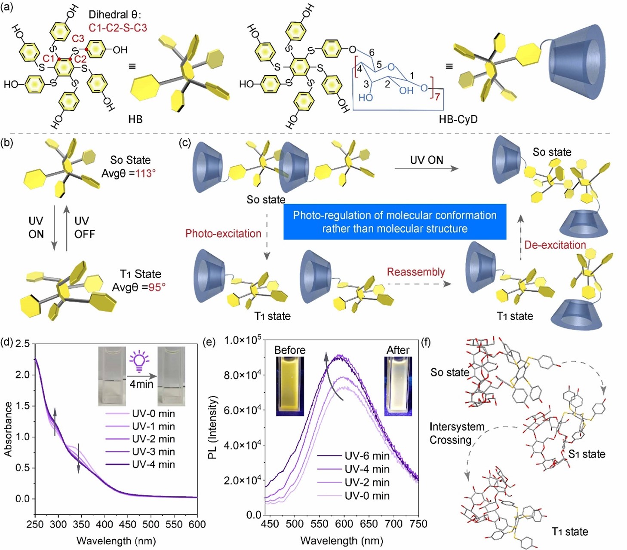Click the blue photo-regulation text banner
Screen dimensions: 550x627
pos(394,222)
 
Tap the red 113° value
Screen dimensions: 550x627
pos(145,174)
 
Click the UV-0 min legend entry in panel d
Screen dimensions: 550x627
pos(153,414)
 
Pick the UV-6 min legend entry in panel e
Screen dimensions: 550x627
pos(367,456)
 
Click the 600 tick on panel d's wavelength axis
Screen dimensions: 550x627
pos(197,524)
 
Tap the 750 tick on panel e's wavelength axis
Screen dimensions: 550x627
pos(418,524)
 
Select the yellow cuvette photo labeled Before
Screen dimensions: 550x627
pos(290,387)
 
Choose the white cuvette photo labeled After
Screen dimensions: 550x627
pos(398,387)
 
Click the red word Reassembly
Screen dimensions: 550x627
pos(415,272)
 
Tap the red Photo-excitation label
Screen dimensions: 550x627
pos(223,233)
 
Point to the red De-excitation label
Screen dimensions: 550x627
pos(555,245)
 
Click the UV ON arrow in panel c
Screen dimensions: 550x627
pos(426,168)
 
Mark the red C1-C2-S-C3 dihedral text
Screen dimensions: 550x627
pos(118,28)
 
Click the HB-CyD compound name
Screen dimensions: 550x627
pos(458,119)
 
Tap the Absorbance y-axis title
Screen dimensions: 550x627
pos(8,429)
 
